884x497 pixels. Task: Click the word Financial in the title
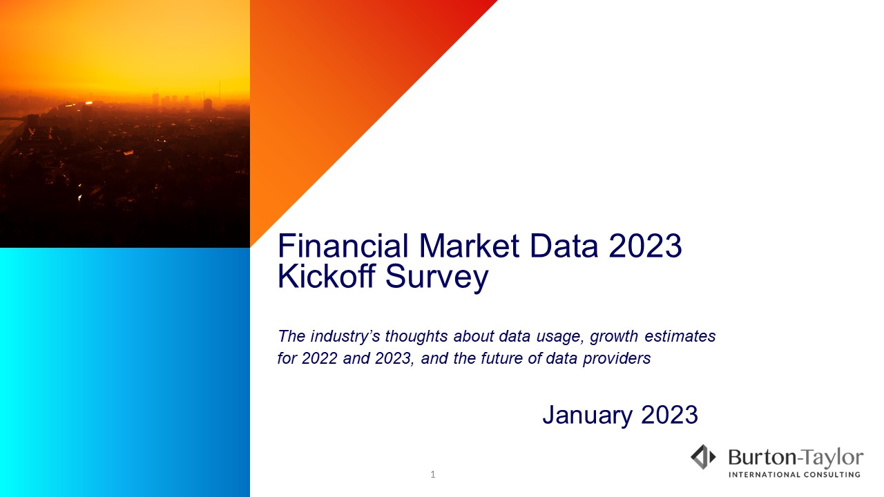coord(343,246)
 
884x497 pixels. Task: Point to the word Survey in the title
coord(437,277)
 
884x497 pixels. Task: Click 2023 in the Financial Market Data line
coord(645,246)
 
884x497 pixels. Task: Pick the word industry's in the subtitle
coord(345,336)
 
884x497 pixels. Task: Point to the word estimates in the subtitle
coord(680,336)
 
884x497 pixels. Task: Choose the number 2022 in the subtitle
coord(319,358)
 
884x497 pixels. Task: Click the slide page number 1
coord(433,474)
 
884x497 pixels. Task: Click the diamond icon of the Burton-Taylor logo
coord(703,457)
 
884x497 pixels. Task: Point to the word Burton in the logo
coord(762,458)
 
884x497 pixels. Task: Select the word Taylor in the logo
coord(834,459)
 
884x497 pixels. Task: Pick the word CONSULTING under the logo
coord(832,474)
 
